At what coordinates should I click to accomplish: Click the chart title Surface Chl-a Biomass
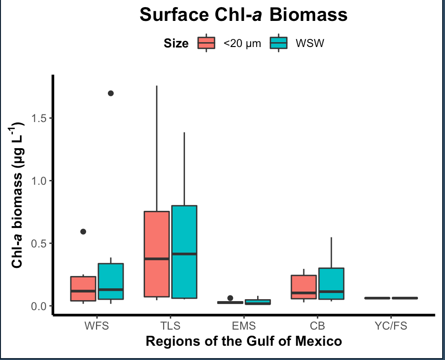click(243, 15)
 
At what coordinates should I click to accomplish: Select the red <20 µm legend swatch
click(206, 43)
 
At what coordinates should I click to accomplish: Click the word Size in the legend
click(176, 44)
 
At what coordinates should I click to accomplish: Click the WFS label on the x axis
click(97, 326)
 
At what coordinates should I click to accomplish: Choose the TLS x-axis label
click(170, 326)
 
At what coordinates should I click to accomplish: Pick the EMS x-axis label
click(243, 326)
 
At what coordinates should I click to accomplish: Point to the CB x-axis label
click(317, 326)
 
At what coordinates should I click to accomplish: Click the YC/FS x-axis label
click(390, 326)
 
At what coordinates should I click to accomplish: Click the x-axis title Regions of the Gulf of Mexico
click(243, 341)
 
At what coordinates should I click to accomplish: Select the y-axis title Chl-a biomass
click(18, 195)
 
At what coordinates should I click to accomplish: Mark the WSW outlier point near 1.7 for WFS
click(111, 93)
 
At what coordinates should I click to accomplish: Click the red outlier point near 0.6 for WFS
click(83, 232)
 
